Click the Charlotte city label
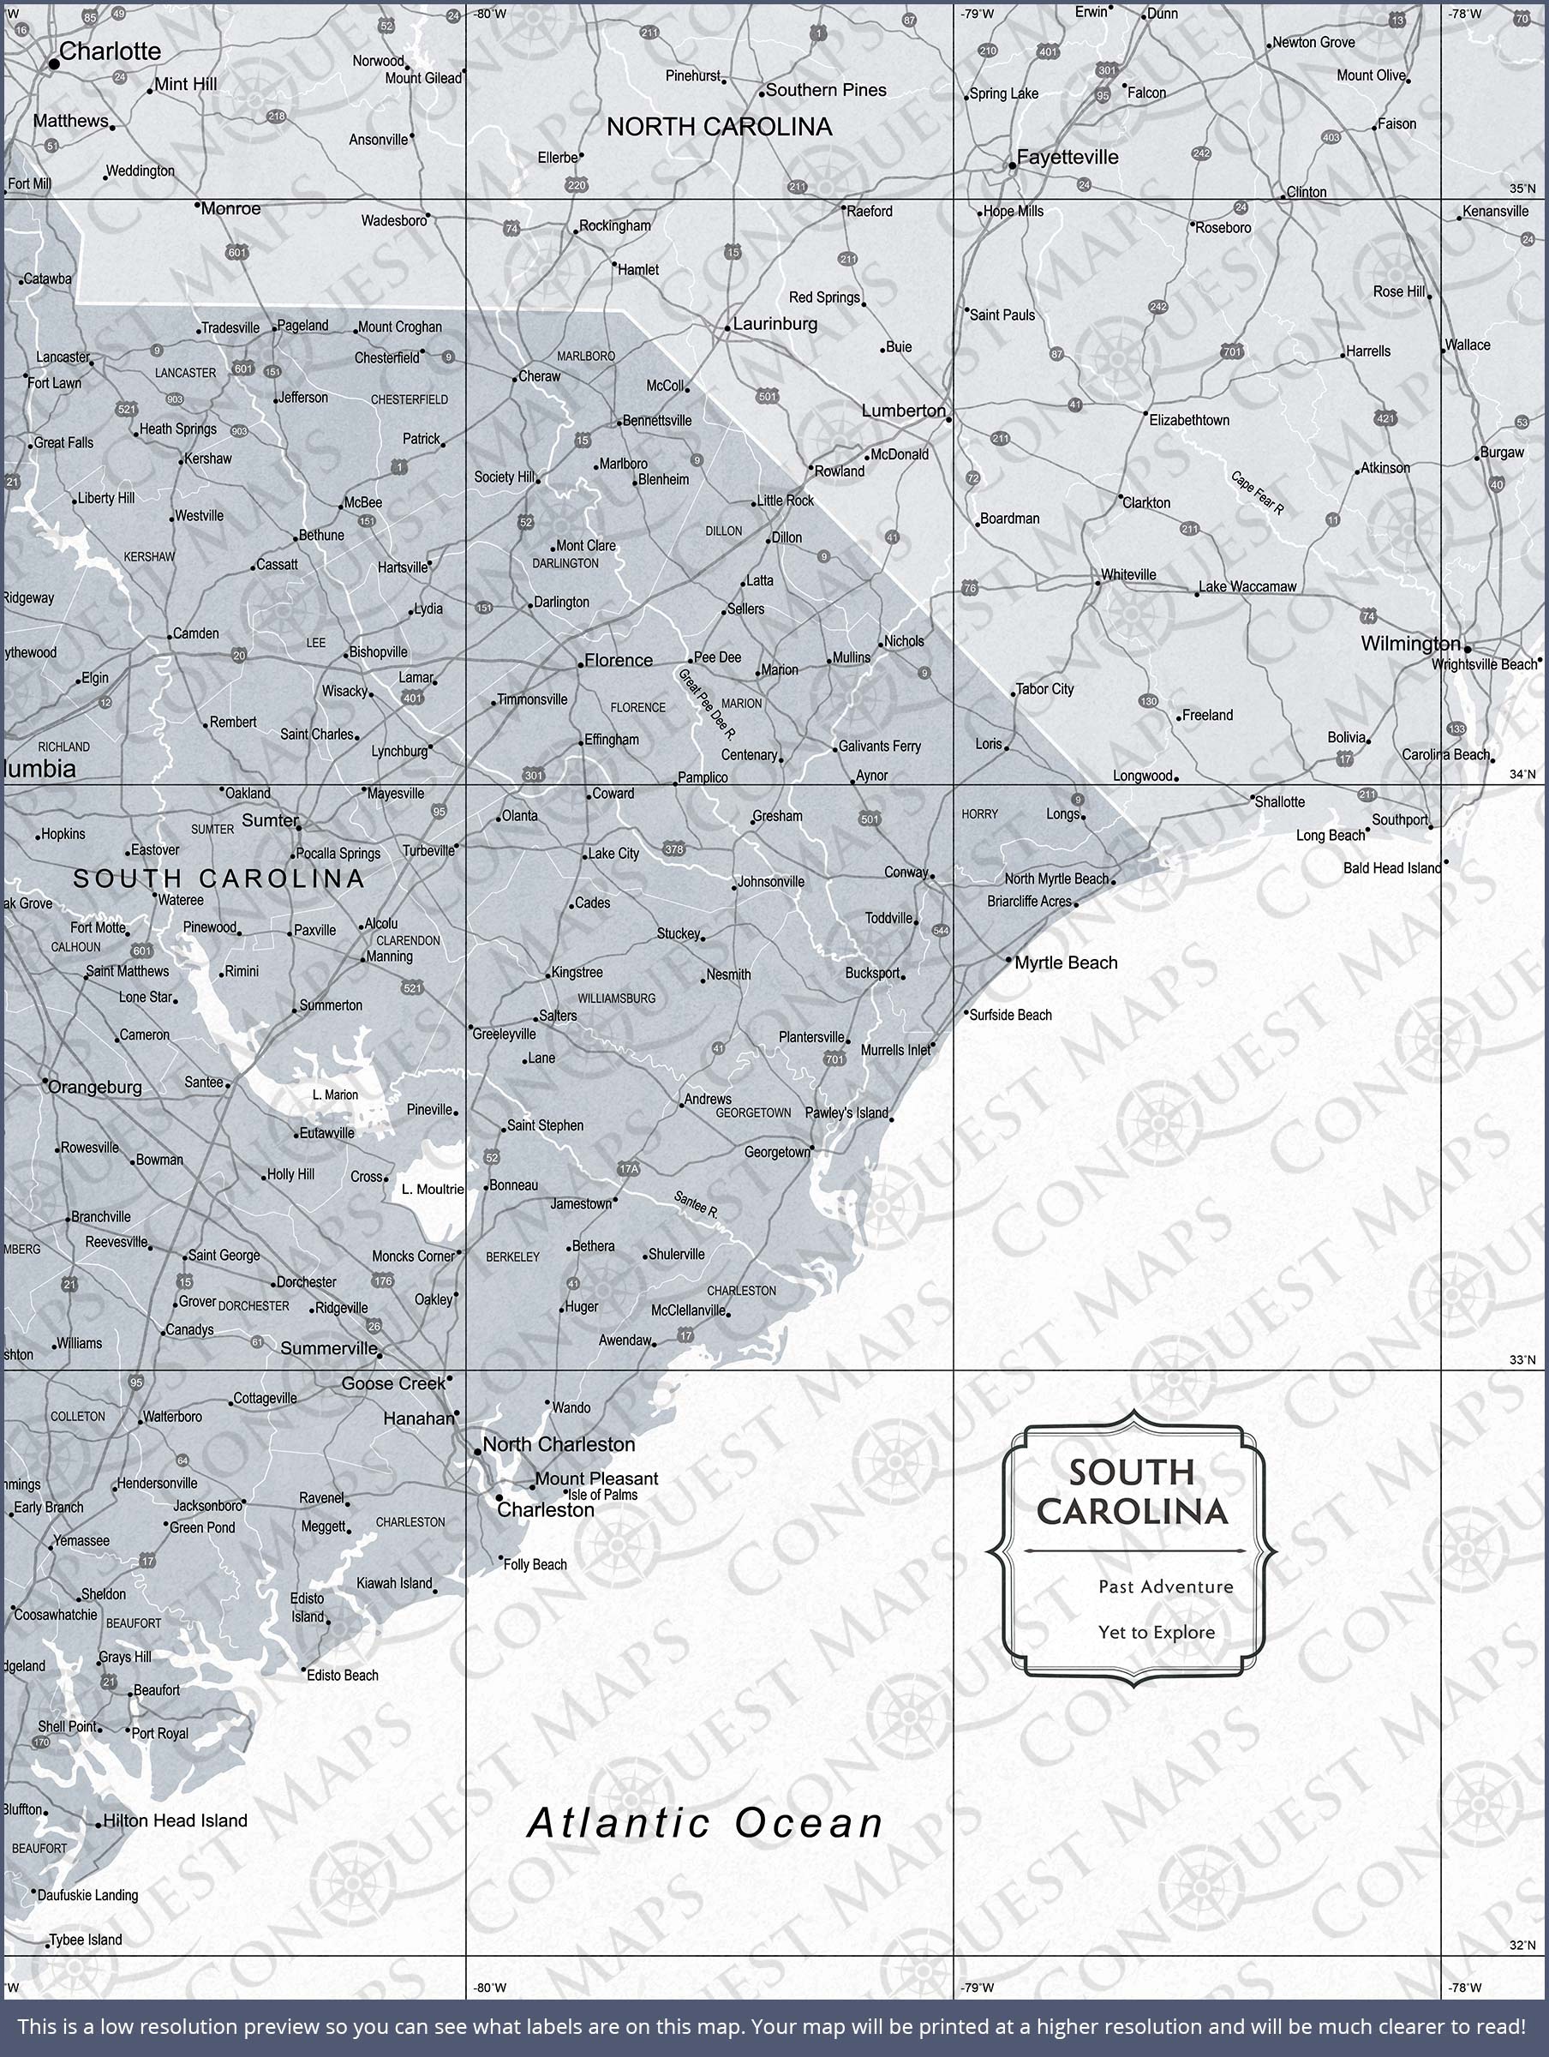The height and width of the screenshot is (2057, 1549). (x=110, y=52)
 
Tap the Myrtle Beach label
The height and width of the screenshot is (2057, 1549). (x=1066, y=963)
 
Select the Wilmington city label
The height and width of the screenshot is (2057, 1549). (x=1410, y=644)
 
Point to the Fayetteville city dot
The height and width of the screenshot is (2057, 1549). (x=1013, y=166)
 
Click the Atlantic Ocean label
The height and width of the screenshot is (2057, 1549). (x=706, y=1823)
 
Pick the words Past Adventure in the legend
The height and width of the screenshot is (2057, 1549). (x=1165, y=1586)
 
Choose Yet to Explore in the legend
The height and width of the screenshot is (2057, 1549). (x=1156, y=1632)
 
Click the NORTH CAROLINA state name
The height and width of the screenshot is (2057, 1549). (x=719, y=128)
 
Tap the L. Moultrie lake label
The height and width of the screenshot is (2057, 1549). (x=433, y=1190)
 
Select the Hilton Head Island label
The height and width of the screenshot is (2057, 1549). (x=175, y=1820)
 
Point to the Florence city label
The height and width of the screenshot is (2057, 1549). (x=619, y=660)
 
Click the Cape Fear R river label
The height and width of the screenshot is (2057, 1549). (x=1257, y=494)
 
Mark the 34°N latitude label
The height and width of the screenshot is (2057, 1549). (x=1522, y=775)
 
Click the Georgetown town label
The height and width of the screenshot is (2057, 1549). (x=776, y=1152)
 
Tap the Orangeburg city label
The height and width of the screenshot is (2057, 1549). (x=95, y=1087)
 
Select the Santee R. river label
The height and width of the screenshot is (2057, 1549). (x=696, y=1205)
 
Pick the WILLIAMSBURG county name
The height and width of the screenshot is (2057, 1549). (x=617, y=999)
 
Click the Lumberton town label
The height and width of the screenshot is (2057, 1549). (x=903, y=411)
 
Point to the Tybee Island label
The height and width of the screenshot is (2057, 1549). (x=86, y=1940)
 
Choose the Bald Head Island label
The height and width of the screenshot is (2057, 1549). (x=1391, y=868)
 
